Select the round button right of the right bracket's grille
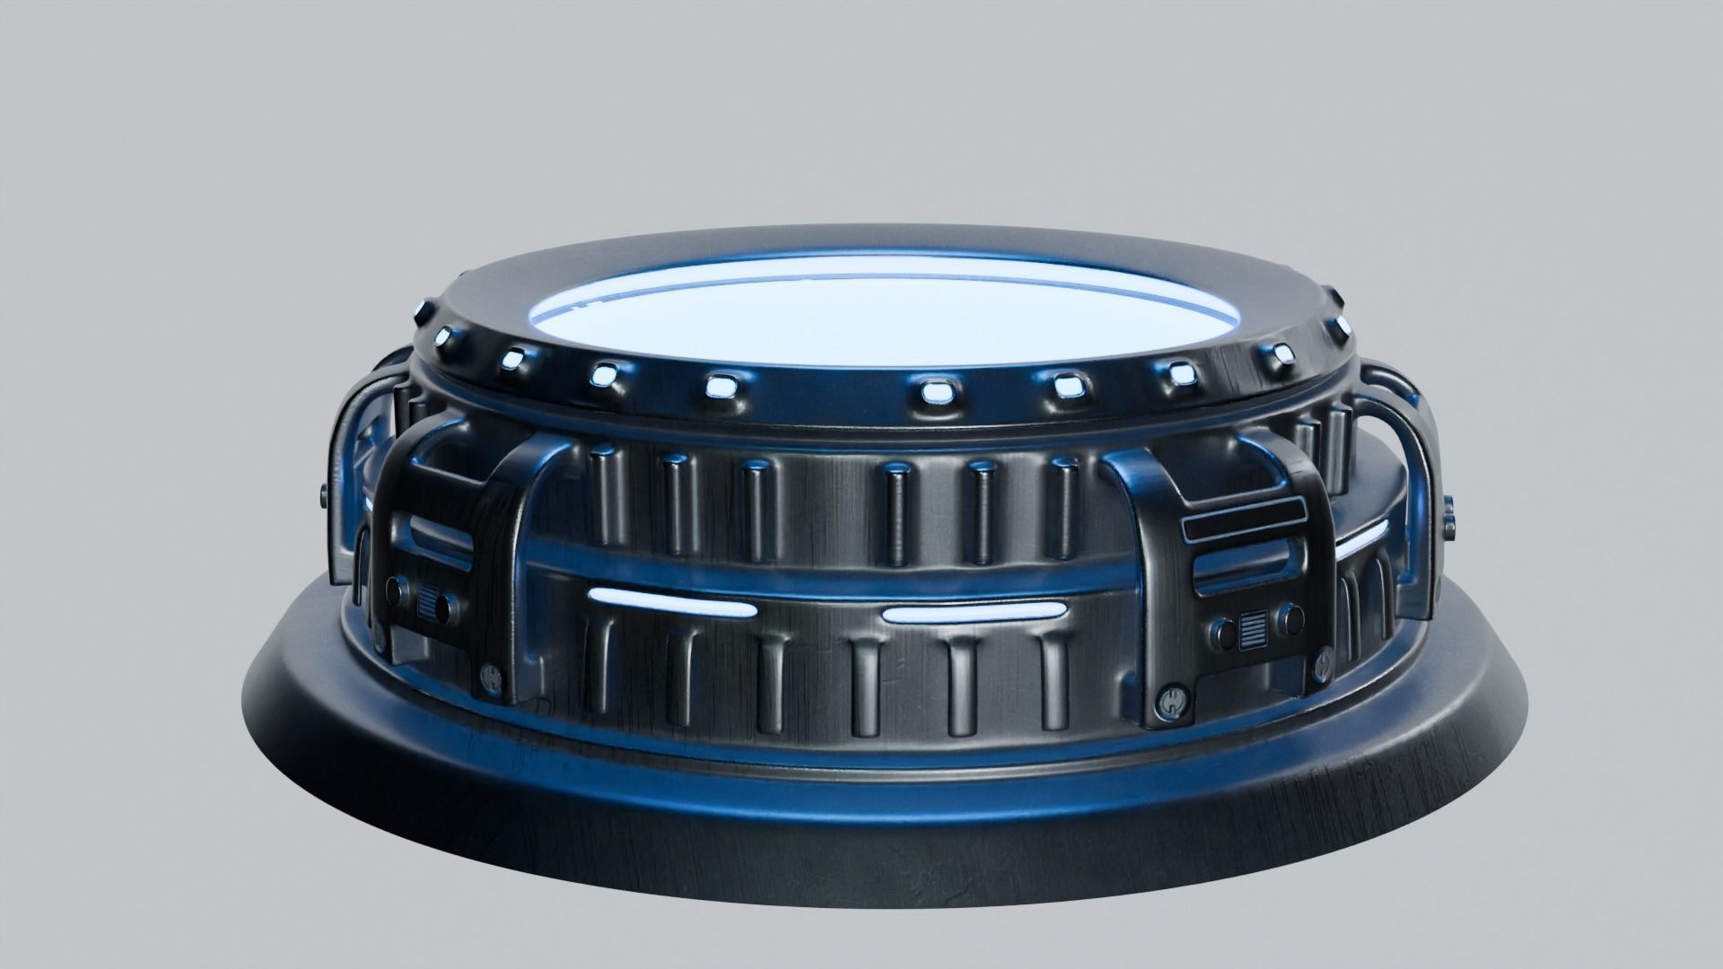pyautogui.click(x=1290, y=616)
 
